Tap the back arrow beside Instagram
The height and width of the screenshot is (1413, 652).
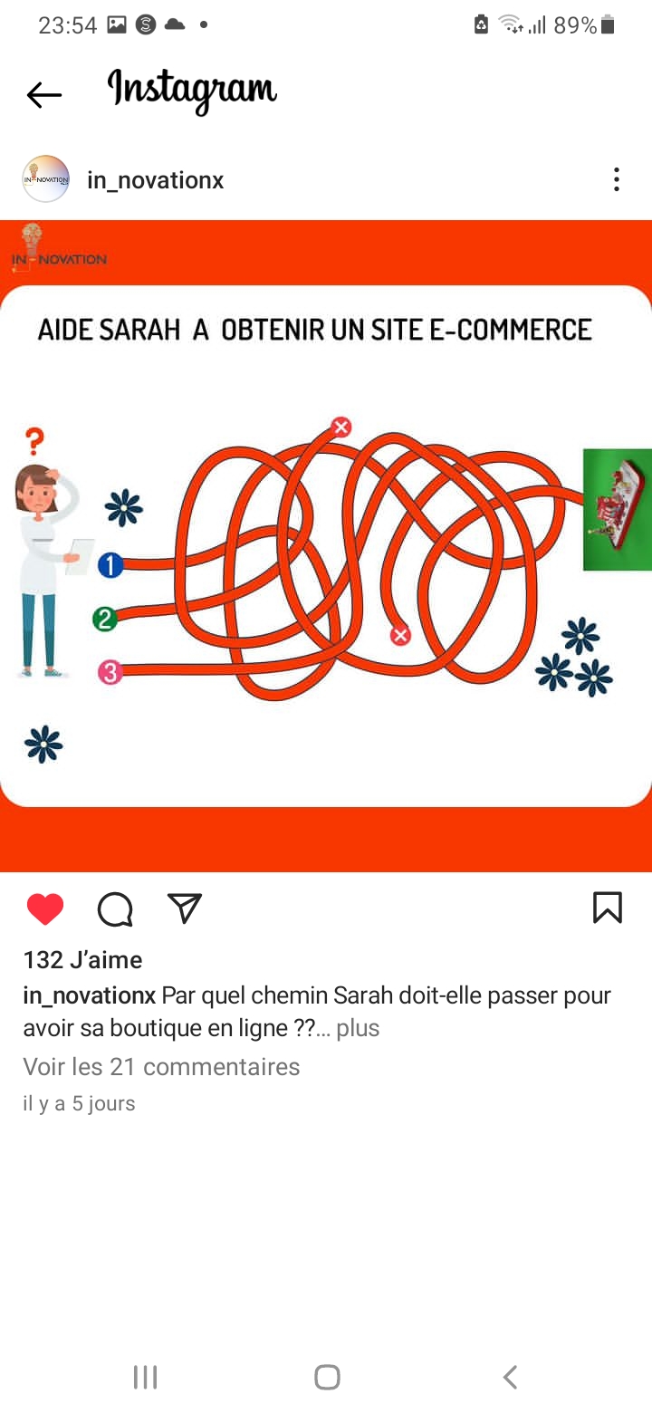44,95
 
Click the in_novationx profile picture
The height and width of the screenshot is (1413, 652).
45,178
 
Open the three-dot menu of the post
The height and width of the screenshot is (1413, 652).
616,179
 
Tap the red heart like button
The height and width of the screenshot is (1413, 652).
45,909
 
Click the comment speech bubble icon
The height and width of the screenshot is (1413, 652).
115,909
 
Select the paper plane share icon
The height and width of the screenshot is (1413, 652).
184,908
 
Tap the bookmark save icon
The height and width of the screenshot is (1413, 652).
608,907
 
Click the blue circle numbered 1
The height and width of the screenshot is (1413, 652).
110,564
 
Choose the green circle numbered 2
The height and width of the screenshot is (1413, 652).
105,619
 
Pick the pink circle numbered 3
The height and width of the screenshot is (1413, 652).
110,672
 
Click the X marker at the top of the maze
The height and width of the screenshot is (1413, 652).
341,427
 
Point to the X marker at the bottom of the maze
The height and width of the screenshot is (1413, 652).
399,635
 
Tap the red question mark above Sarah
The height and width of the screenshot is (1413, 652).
34,441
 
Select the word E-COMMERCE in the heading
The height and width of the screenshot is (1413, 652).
511,330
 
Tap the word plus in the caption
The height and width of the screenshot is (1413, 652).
358,1027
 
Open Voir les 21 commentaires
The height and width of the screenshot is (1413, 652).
161,1067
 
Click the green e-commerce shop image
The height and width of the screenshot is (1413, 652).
618,510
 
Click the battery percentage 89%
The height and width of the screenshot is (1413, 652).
575,25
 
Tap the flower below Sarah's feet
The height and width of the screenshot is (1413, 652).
43,745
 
